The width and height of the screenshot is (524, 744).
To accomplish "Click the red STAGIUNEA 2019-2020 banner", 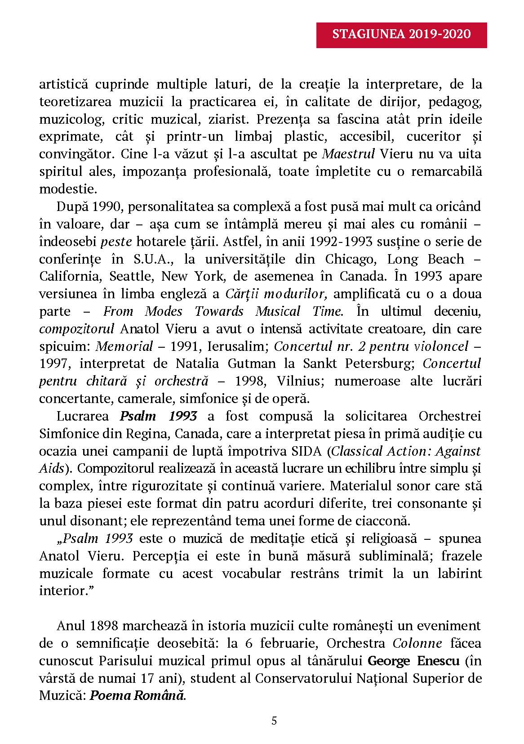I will point(402,35).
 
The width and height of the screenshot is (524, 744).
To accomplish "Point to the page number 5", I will point(274,721).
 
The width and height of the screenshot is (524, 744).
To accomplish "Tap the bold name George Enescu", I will point(413,661).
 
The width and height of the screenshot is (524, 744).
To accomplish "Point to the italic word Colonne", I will point(417,643).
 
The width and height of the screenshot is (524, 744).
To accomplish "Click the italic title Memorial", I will point(124,346).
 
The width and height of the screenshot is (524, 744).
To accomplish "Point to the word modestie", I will point(68,189).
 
